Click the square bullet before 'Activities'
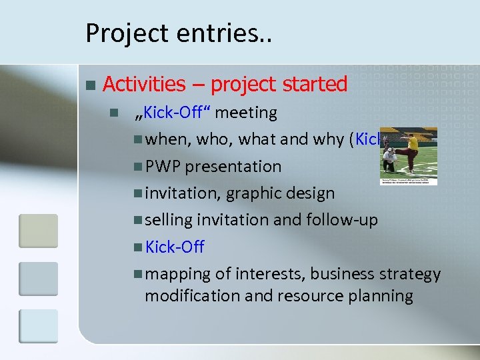[x=90, y=85]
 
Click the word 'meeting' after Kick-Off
[x=246, y=113]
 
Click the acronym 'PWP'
[x=163, y=167]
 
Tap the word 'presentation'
[x=233, y=167]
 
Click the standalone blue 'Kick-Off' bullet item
[x=175, y=247]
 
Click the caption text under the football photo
[x=408, y=181]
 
